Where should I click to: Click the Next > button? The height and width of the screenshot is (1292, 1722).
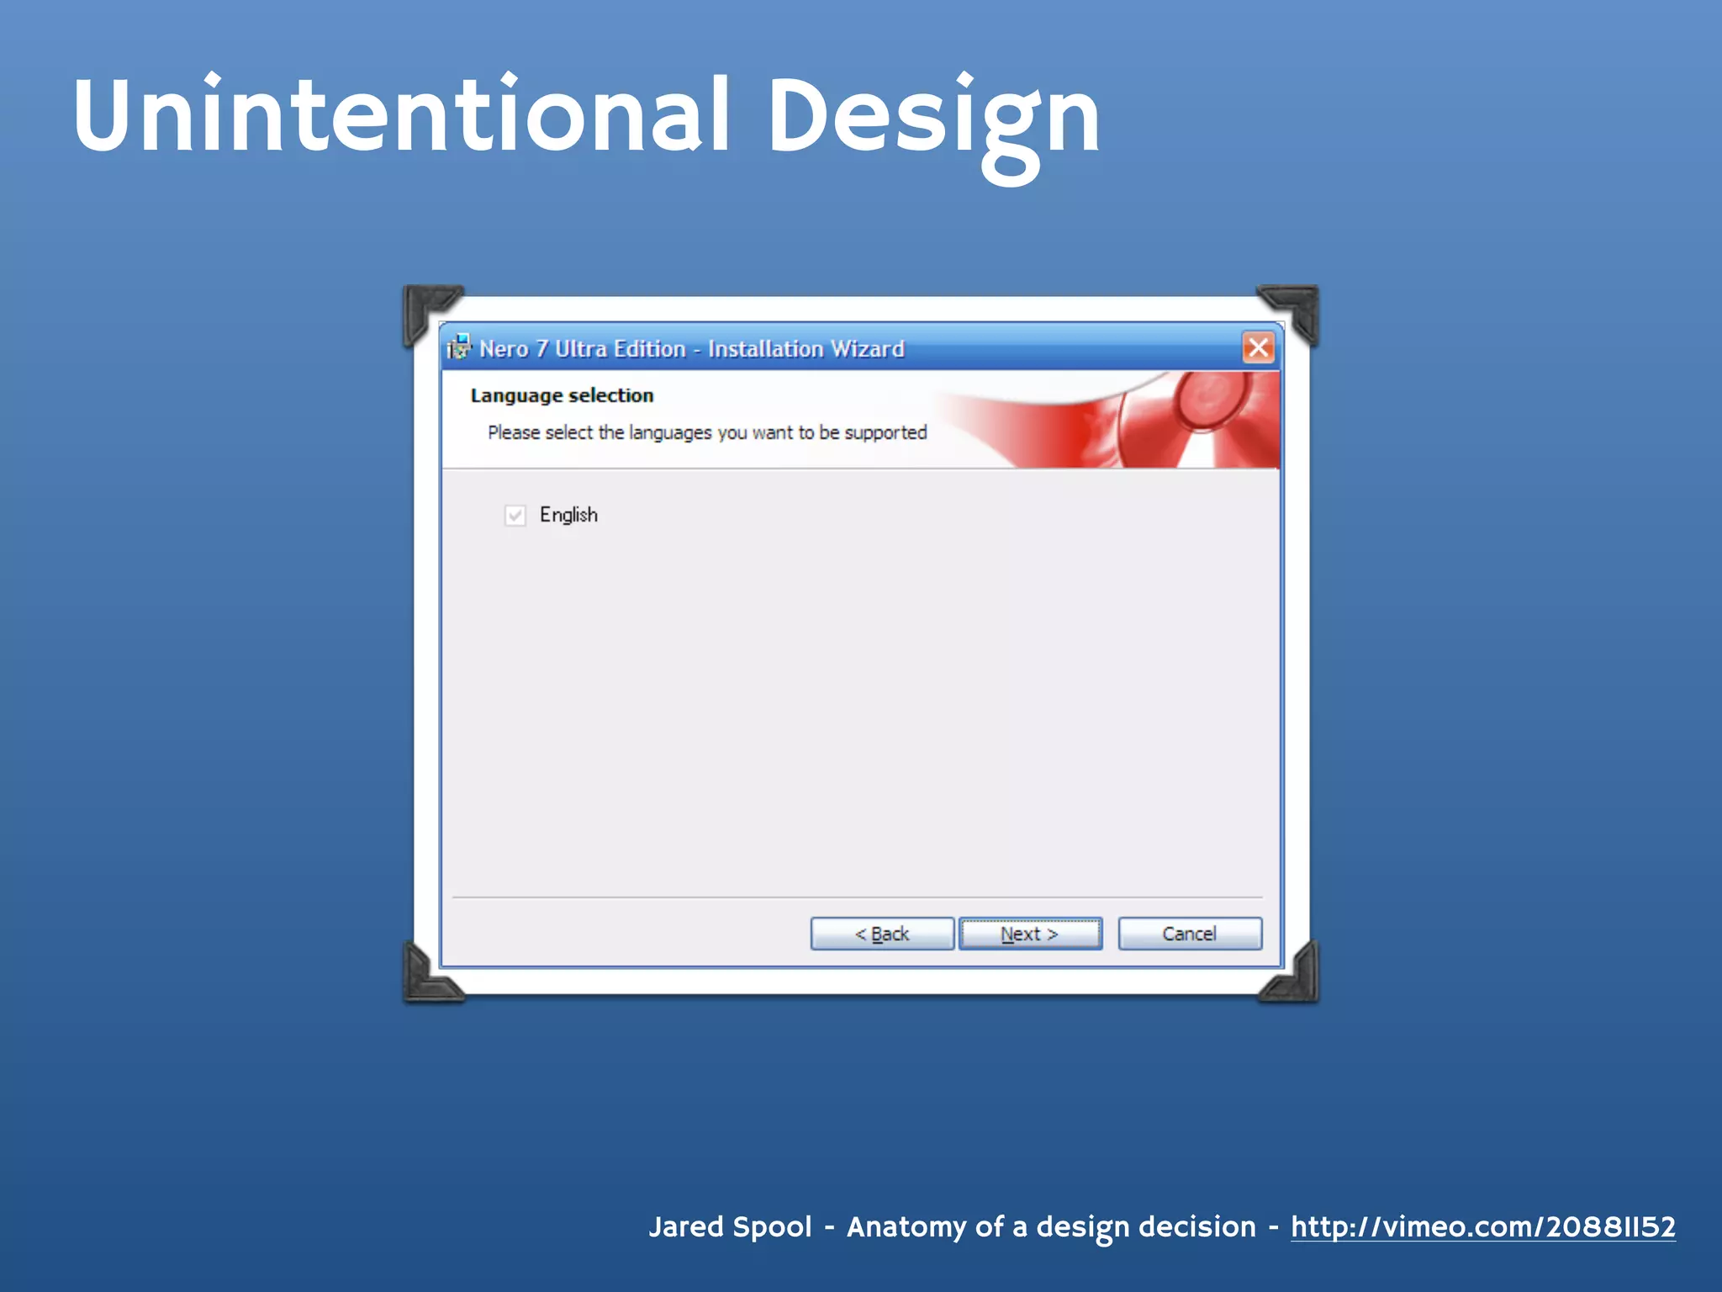pyautogui.click(x=1030, y=934)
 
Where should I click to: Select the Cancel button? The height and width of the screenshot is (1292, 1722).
pyautogui.click(x=1189, y=934)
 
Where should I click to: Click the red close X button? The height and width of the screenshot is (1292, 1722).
pyautogui.click(x=1258, y=347)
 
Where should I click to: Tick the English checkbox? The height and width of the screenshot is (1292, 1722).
pyautogui.click(x=515, y=515)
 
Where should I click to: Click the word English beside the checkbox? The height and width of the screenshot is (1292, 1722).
pyautogui.click(x=568, y=515)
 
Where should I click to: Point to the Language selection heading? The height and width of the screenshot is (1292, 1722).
pyautogui.click(x=562, y=395)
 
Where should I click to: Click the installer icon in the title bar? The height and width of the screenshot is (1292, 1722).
pyautogui.click(x=459, y=347)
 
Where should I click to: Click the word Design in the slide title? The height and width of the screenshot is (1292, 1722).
pyautogui.click(x=933, y=115)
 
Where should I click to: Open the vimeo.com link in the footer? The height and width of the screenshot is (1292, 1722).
pyautogui.click(x=1482, y=1226)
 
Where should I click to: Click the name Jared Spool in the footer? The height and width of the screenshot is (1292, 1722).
pyautogui.click(x=730, y=1226)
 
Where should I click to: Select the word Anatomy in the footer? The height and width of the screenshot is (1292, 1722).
pyautogui.click(x=906, y=1226)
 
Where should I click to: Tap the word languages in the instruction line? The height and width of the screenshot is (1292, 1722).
pyautogui.click(x=670, y=432)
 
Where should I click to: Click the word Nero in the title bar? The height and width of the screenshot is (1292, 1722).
pyautogui.click(x=504, y=348)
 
